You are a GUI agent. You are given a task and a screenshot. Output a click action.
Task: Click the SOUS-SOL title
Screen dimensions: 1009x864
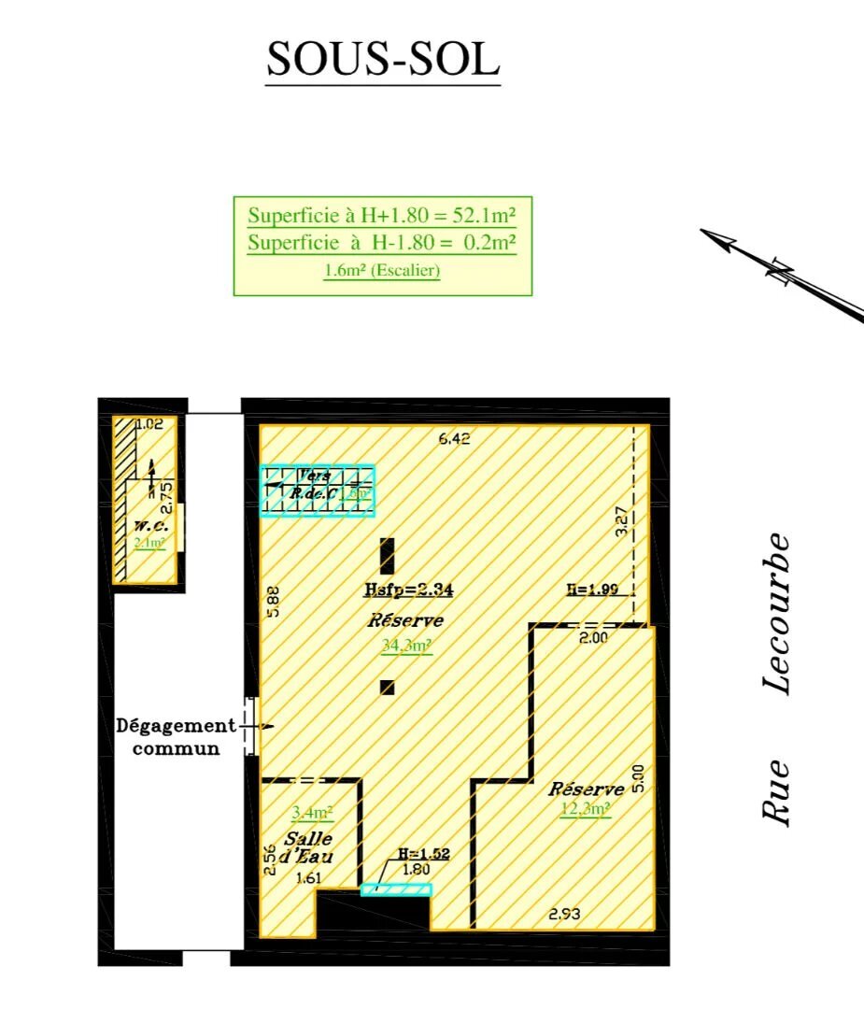pos(383,60)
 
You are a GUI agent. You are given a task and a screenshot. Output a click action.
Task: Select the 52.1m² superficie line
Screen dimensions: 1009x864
pos(382,215)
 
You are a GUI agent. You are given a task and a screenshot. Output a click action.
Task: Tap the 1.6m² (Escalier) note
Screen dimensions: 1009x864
pos(382,272)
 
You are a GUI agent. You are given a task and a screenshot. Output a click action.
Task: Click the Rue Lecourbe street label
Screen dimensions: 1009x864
pos(777,678)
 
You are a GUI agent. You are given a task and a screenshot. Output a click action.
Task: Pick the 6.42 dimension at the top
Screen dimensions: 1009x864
pos(454,438)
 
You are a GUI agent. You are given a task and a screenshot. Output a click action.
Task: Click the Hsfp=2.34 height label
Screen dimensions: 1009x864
pos(408,590)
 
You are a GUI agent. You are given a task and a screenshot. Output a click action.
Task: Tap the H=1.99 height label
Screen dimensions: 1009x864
pos(592,590)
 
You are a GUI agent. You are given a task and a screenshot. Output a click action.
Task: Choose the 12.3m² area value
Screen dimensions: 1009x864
pos(586,809)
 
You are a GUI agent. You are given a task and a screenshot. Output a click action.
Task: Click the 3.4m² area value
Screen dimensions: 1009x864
pos(313,813)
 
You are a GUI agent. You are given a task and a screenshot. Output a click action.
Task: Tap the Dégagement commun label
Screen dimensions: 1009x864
pos(175,736)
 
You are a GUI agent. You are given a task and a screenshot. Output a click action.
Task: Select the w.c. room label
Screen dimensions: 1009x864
pos(149,525)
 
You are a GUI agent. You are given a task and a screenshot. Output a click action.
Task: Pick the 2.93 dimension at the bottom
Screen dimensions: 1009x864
pos(563,915)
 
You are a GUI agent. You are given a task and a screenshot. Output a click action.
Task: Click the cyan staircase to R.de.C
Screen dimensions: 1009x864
pos(318,490)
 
